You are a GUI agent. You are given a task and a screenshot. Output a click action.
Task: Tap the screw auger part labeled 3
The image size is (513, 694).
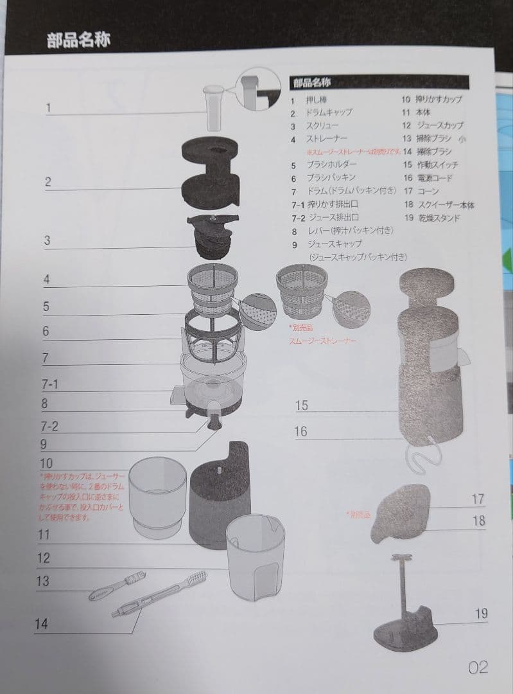click(212, 237)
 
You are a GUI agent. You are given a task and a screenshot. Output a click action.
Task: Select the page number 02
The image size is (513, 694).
click(478, 668)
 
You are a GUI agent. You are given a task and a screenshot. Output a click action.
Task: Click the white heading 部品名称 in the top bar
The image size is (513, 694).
click(78, 40)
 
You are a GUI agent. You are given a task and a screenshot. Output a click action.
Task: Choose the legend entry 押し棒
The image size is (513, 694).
click(317, 100)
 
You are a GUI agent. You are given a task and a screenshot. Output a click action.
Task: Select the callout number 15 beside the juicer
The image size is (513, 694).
click(302, 405)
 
